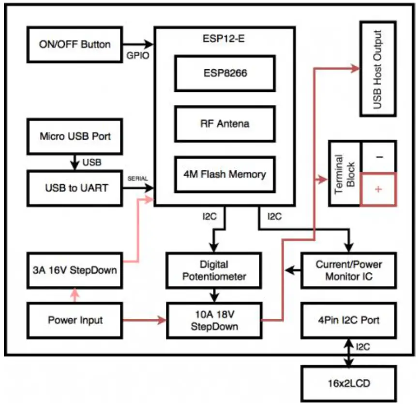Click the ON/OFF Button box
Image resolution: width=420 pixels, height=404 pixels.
(75, 45)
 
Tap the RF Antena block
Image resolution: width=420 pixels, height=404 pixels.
(225, 124)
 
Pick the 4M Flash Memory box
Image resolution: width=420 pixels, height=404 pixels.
(225, 173)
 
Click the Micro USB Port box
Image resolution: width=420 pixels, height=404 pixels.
(75, 136)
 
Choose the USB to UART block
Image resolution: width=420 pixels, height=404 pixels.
(75, 187)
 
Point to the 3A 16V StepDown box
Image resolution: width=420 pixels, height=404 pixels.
(75, 269)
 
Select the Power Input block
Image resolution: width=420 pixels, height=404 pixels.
(75, 320)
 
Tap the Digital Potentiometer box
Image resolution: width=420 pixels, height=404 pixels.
(214, 270)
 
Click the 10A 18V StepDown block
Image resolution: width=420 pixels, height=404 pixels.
(214, 320)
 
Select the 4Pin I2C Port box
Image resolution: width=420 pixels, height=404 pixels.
(348, 320)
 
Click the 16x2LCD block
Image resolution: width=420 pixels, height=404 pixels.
(348, 384)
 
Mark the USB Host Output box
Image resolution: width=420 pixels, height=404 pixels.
(378, 69)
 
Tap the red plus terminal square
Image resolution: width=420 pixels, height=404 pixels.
(378, 190)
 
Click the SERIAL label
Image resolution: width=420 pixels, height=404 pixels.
(137, 179)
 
